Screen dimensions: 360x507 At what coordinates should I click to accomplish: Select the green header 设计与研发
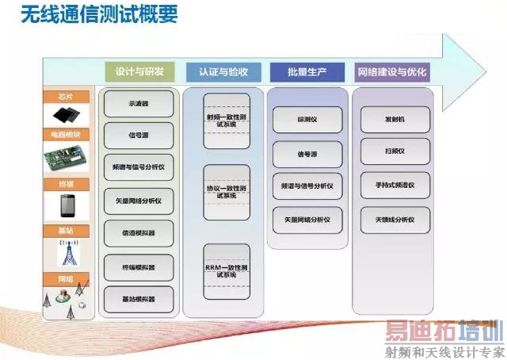click(x=139, y=72)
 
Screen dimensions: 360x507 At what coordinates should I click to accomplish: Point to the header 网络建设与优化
click(x=392, y=72)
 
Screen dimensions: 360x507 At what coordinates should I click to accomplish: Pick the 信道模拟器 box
click(x=139, y=232)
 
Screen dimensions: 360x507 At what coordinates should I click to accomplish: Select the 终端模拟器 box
click(x=139, y=265)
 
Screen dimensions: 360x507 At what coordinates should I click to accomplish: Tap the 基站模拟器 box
click(x=139, y=298)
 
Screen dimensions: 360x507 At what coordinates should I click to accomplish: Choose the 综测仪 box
click(x=307, y=119)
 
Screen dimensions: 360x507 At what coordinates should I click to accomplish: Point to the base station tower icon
click(x=66, y=252)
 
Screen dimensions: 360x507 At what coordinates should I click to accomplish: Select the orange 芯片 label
click(x=66, y=97)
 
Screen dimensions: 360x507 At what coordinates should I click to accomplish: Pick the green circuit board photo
click(x=66, y=159)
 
